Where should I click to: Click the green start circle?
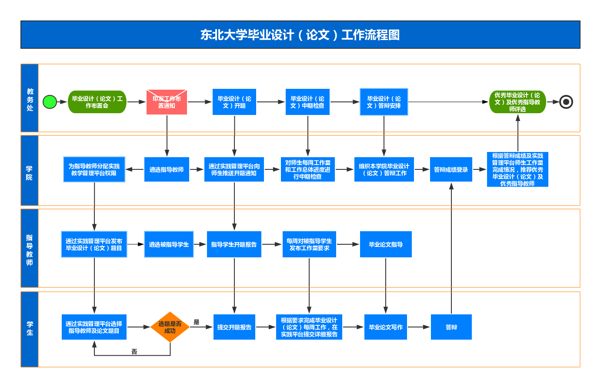(50, 102)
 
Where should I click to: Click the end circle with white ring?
(566, 102)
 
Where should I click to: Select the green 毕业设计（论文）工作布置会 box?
(97, 102)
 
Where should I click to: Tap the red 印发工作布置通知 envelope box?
(167, 102)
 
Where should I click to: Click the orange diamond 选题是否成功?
(170, 327)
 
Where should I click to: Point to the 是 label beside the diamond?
(197, 322)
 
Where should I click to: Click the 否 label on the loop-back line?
(134, 351)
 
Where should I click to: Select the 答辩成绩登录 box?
(451, 169)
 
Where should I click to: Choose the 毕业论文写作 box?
(386, 327)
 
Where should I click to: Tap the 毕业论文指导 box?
(386, 244)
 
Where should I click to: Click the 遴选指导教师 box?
(167, 169)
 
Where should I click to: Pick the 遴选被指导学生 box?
(169, 244)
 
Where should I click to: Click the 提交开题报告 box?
(234, 327)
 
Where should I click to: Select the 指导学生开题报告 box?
(234, 244)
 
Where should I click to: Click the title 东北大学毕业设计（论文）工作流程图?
(300, 35)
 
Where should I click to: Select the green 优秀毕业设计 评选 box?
(517, 102)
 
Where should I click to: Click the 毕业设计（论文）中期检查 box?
(307, 102)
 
